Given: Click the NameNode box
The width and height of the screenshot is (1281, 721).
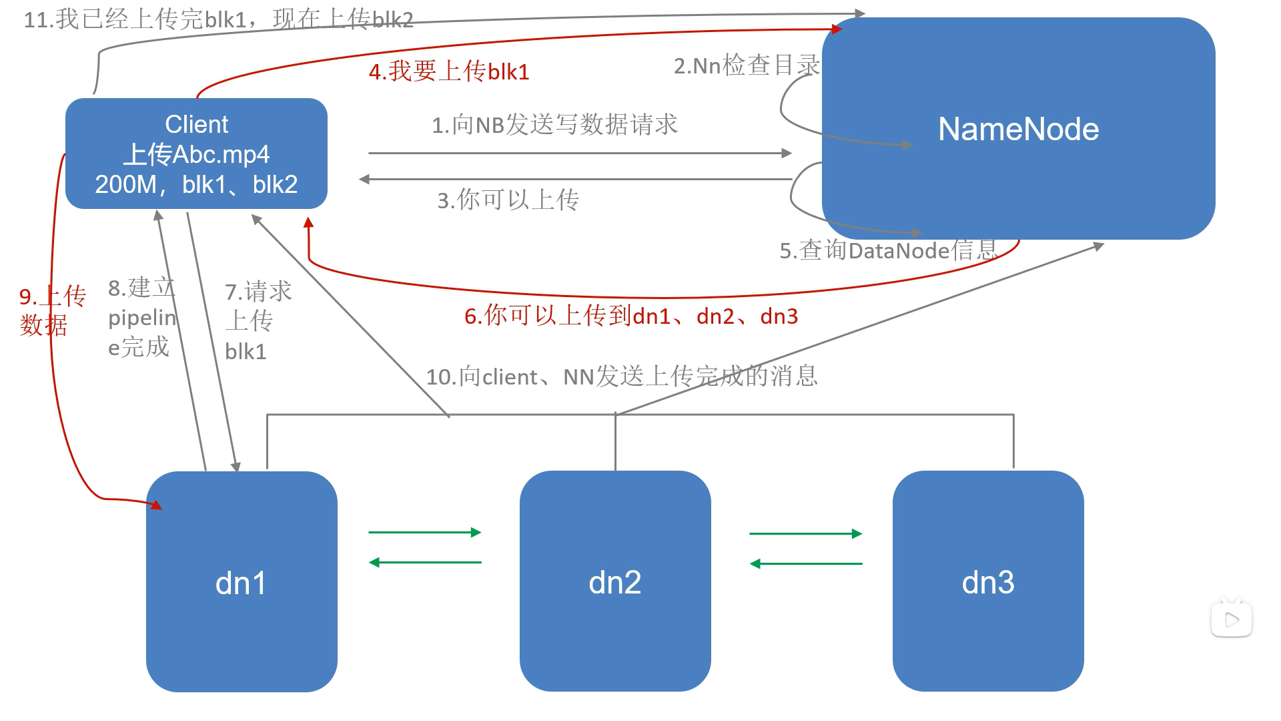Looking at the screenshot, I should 1018,129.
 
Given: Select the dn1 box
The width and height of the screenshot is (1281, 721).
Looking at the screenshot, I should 242,582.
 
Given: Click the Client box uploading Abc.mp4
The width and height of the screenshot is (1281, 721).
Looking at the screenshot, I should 196,154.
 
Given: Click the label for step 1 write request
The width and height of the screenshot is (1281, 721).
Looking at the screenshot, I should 554,125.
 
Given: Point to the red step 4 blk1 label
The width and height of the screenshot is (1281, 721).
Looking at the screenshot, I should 449,71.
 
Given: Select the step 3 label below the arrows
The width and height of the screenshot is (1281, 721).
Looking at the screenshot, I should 508,200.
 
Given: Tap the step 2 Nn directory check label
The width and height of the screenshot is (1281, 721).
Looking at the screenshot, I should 747,65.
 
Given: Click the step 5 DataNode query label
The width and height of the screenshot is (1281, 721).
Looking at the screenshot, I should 888,250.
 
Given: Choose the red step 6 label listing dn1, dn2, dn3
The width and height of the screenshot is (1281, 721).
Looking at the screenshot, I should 631,316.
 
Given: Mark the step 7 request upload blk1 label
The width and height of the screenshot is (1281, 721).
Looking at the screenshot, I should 258,321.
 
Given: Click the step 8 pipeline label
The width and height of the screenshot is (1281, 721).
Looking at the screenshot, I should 141,318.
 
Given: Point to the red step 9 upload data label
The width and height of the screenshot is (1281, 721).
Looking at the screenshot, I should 52,310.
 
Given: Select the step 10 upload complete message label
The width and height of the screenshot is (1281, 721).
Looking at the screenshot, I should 622,377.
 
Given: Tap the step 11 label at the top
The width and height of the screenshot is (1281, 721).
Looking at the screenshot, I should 218,19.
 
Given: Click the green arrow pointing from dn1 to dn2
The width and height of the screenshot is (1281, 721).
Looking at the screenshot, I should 425,532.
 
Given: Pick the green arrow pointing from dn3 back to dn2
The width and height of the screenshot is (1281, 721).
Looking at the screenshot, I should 806,563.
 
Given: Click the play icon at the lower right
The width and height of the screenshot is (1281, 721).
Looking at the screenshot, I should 1232,620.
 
